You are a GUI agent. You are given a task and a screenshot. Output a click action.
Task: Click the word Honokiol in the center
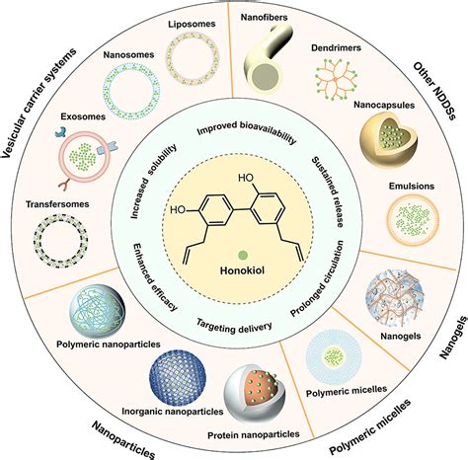[242, 270]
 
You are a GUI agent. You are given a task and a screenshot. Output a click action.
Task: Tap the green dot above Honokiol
[243, 255]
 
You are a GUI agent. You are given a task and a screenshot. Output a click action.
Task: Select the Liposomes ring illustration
[192, 58]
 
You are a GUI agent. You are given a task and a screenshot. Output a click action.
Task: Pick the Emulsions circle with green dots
[413, 220]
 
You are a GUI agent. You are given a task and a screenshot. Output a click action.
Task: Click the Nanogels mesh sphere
[395, 299]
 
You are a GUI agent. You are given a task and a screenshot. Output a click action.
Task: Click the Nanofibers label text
[264, 17]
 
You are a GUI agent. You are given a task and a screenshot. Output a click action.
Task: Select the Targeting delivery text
[234, 326]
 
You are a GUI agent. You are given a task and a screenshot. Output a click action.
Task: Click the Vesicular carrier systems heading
[39, 102]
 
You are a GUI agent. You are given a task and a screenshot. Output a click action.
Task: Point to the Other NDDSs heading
[434, 91]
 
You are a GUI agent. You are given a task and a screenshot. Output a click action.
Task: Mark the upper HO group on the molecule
[246, 178]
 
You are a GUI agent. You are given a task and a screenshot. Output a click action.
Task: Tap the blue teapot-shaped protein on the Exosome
[61, 131]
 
